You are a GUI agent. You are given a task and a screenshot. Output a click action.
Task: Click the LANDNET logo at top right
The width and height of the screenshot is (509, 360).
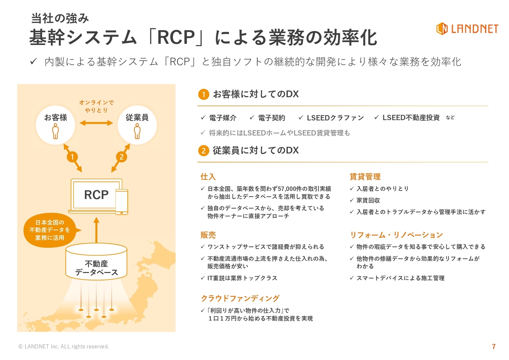point(467,29)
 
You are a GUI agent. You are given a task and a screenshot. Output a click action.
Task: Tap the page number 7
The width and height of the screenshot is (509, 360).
point(493,346)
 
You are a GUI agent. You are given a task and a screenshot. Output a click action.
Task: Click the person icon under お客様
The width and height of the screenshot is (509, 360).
point(55,131)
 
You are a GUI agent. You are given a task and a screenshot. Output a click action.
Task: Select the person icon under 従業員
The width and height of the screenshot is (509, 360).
point(137,131)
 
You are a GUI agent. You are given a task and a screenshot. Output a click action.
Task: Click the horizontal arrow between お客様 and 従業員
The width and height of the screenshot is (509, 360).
point(96,123)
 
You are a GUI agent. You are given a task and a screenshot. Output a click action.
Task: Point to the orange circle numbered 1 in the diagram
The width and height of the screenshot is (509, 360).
point(72,157)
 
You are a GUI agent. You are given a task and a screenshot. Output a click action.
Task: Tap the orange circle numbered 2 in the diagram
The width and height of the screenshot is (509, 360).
point(121,157)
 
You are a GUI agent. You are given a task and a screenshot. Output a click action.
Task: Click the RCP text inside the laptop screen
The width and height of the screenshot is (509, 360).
point(96,195)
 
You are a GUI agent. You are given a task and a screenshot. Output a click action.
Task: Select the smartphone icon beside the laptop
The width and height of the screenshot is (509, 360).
point(122,202)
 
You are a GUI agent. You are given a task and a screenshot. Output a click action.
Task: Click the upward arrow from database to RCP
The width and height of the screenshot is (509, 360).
point(96,230)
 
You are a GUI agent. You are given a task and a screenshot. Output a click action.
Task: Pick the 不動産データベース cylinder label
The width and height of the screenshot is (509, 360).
point(96,268)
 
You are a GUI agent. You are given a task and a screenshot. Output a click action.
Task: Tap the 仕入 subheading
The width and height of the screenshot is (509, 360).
point(208,176)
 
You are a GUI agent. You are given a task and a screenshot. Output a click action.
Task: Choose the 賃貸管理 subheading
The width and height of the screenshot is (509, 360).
point(365,176)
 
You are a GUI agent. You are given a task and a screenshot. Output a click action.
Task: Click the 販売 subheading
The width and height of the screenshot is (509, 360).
point(208,235)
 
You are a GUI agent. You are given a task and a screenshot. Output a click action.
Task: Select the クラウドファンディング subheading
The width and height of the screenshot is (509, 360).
point(240,298)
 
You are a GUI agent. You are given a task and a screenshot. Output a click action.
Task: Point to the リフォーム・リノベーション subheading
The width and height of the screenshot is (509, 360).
point(396,235)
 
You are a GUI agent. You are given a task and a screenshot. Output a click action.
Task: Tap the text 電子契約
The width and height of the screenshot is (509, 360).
point(272,118)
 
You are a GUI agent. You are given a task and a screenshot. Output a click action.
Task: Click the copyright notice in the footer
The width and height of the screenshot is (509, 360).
point(64,346)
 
